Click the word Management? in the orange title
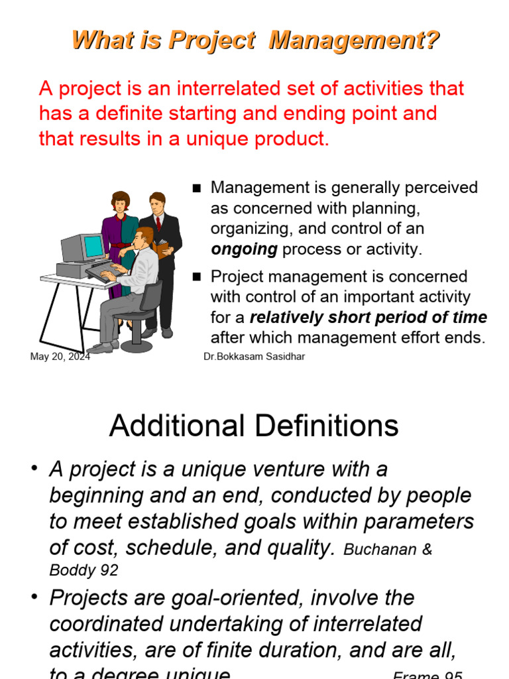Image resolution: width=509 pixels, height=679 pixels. [x=354, y=41]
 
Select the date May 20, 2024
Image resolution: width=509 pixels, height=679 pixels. [x=60, y=357]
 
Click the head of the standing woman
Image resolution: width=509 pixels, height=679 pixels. [x=120, y=201]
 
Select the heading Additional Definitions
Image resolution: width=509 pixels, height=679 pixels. [x=254, y=426]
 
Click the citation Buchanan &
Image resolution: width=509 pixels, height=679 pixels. [x=388, y=550]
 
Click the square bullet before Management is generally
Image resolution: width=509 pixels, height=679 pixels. [x=196, y=188]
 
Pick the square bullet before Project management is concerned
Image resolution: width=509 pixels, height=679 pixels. [x=196, y=277]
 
